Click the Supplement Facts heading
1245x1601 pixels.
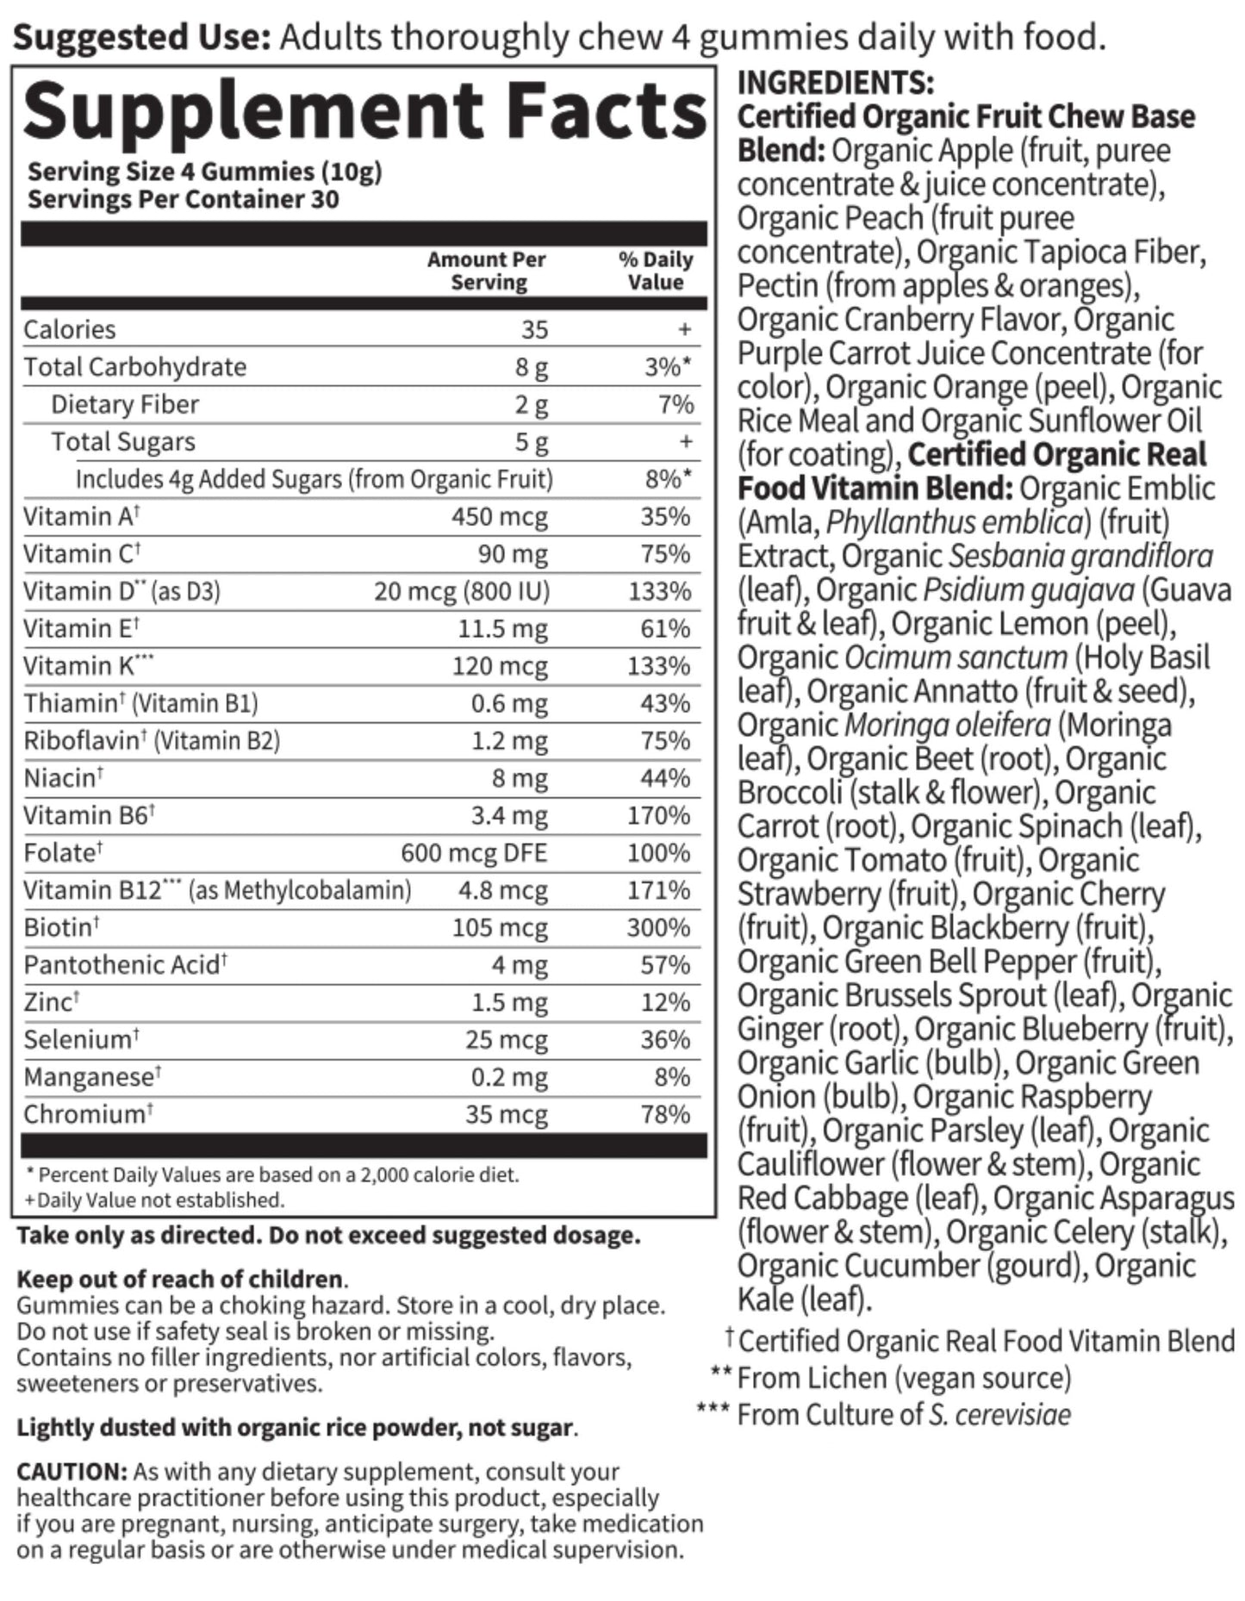point(365,112)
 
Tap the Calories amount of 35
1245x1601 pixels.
point(534,329)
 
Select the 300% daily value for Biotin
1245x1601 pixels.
point(659,928)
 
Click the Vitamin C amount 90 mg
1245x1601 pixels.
point(513,554)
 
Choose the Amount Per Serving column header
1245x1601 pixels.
point(487,271)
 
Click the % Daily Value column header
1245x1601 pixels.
point(656,271)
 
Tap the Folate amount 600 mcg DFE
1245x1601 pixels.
point(474,853)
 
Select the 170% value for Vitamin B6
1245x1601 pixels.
point(659,816)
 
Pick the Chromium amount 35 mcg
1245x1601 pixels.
point(507,1115)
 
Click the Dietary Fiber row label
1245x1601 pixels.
point(125,404)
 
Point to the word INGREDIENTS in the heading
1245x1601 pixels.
point(835,83)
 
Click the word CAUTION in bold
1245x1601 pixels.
point(72,1472)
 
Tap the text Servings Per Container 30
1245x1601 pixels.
point(184,200)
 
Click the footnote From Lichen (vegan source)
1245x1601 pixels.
point(904,1378)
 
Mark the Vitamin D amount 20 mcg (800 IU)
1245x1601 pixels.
point(462,591)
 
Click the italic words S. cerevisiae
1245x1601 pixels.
point(999,1415)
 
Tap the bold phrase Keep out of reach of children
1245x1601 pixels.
point(179,1279)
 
